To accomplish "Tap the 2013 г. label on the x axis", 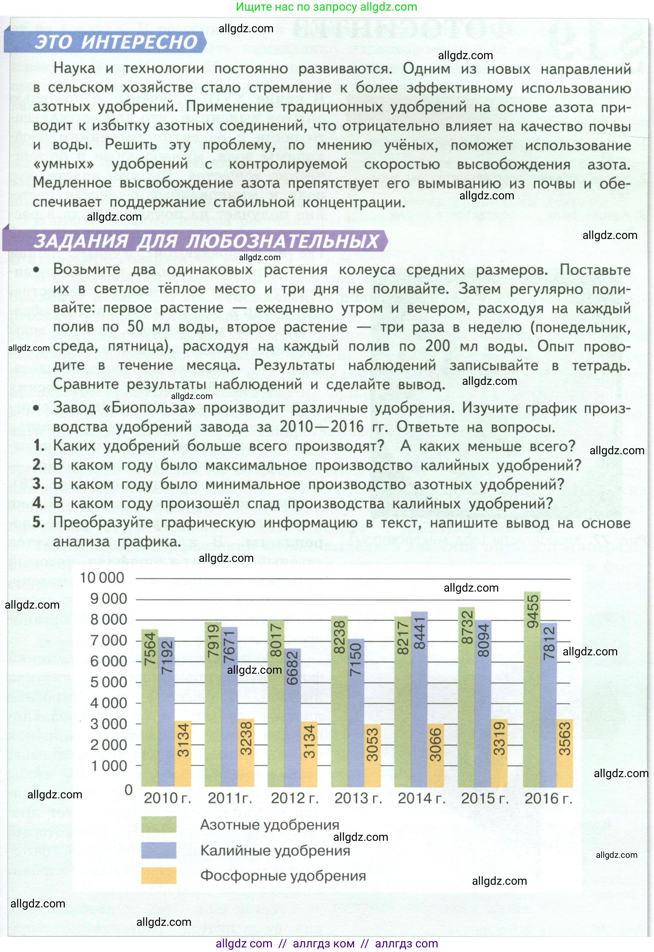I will coord(358,798).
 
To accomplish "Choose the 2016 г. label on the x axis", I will coord(548,798).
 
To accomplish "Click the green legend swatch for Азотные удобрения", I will coord(159,824).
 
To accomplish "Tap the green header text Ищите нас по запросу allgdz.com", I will coord(326,7).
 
